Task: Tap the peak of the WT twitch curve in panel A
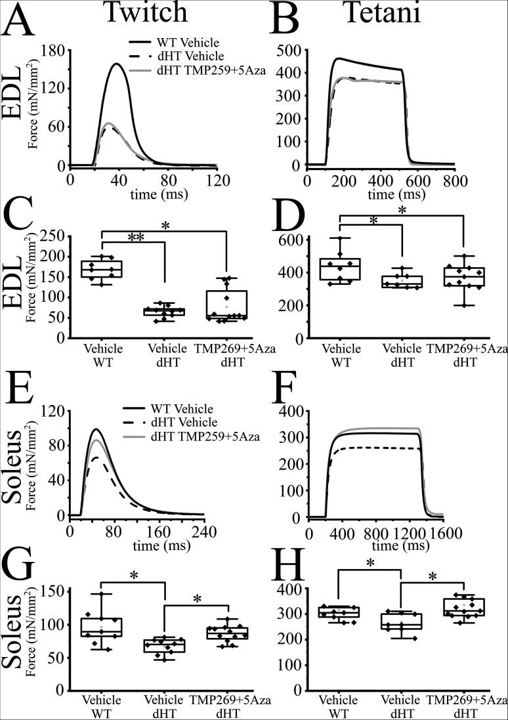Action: [117, 64]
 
